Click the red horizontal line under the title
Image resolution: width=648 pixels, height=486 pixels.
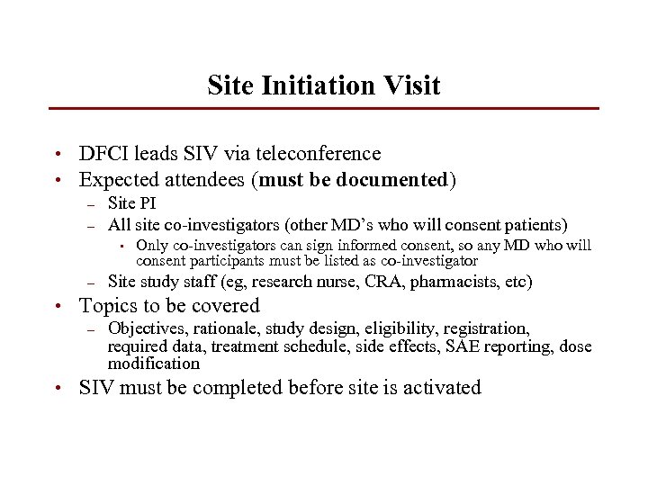(324, 109)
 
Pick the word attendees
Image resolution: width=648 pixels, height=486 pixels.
(207, 180)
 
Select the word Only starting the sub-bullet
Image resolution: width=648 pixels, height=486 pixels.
(152, 246)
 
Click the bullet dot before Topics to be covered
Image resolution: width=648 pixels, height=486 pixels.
(57, 307)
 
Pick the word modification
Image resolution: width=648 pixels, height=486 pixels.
(154, 364)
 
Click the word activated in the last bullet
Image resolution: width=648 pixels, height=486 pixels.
(441, 388)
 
